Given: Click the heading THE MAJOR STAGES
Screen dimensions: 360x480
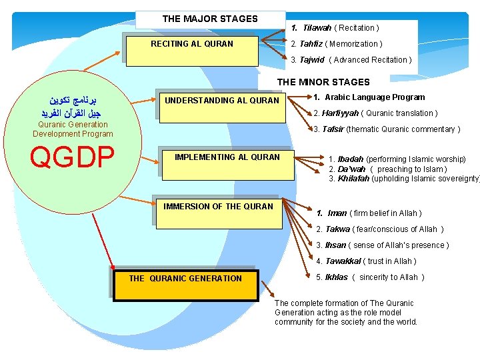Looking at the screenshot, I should [210, 19].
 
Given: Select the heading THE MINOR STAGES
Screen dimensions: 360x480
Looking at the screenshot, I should [323, 82].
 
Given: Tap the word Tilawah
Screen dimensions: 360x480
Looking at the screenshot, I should [317, 28].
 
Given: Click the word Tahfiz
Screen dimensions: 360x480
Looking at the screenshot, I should [311, 44].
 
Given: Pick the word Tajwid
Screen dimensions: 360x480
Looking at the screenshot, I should [312, 60].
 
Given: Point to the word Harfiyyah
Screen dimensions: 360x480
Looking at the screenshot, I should [340, 113].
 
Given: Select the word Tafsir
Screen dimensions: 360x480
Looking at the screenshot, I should [333, 129].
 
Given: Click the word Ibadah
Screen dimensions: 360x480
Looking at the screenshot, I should [351, 159].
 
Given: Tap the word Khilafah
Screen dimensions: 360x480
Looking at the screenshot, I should [353, 179].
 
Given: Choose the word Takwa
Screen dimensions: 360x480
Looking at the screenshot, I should [337, 229].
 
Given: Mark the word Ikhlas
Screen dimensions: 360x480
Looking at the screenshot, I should [336, 277].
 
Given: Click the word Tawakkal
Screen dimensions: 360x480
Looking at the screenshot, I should [344, 261].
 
